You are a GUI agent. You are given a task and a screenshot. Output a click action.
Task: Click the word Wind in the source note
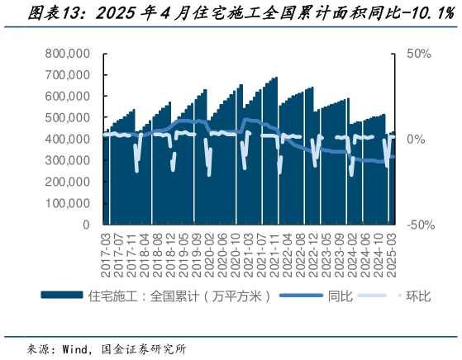(x=78, y=348)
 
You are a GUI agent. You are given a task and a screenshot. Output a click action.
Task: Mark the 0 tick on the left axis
(x=85, y=224)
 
